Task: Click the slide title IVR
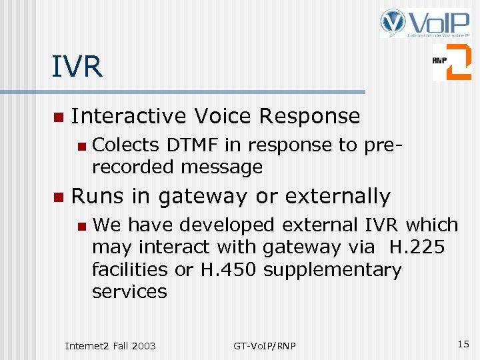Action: (77, 67)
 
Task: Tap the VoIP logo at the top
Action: (425, 23)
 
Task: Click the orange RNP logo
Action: (451, 62)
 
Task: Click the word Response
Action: (309, 116)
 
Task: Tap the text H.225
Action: (417, 247)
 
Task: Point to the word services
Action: (129, 292)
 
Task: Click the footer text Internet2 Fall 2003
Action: (110, 345)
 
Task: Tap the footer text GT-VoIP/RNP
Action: (265, 345)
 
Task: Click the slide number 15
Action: (463, 344)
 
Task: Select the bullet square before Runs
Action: (58, 197)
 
